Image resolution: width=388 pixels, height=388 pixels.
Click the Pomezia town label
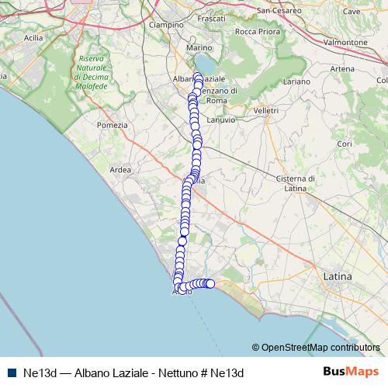[x=107, y=125]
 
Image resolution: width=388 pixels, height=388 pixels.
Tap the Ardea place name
[x=121, y=170]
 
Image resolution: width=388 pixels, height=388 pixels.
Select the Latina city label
[x=337, y=276]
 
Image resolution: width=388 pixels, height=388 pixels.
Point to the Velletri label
[x=265, y=111]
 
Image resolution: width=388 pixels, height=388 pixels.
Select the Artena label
[x=342, y=69]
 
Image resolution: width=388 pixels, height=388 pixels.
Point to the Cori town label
[x=345, y=144]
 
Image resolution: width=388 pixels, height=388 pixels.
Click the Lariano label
[x=296, y=81]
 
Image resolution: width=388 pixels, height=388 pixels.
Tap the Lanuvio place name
[x=221, y=119]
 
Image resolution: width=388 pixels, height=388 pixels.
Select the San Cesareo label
[x=279, y=11]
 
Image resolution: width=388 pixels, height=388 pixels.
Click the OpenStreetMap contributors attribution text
[x=320, y=348]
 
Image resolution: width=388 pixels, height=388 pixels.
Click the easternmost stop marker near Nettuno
[x=210, y=283]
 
